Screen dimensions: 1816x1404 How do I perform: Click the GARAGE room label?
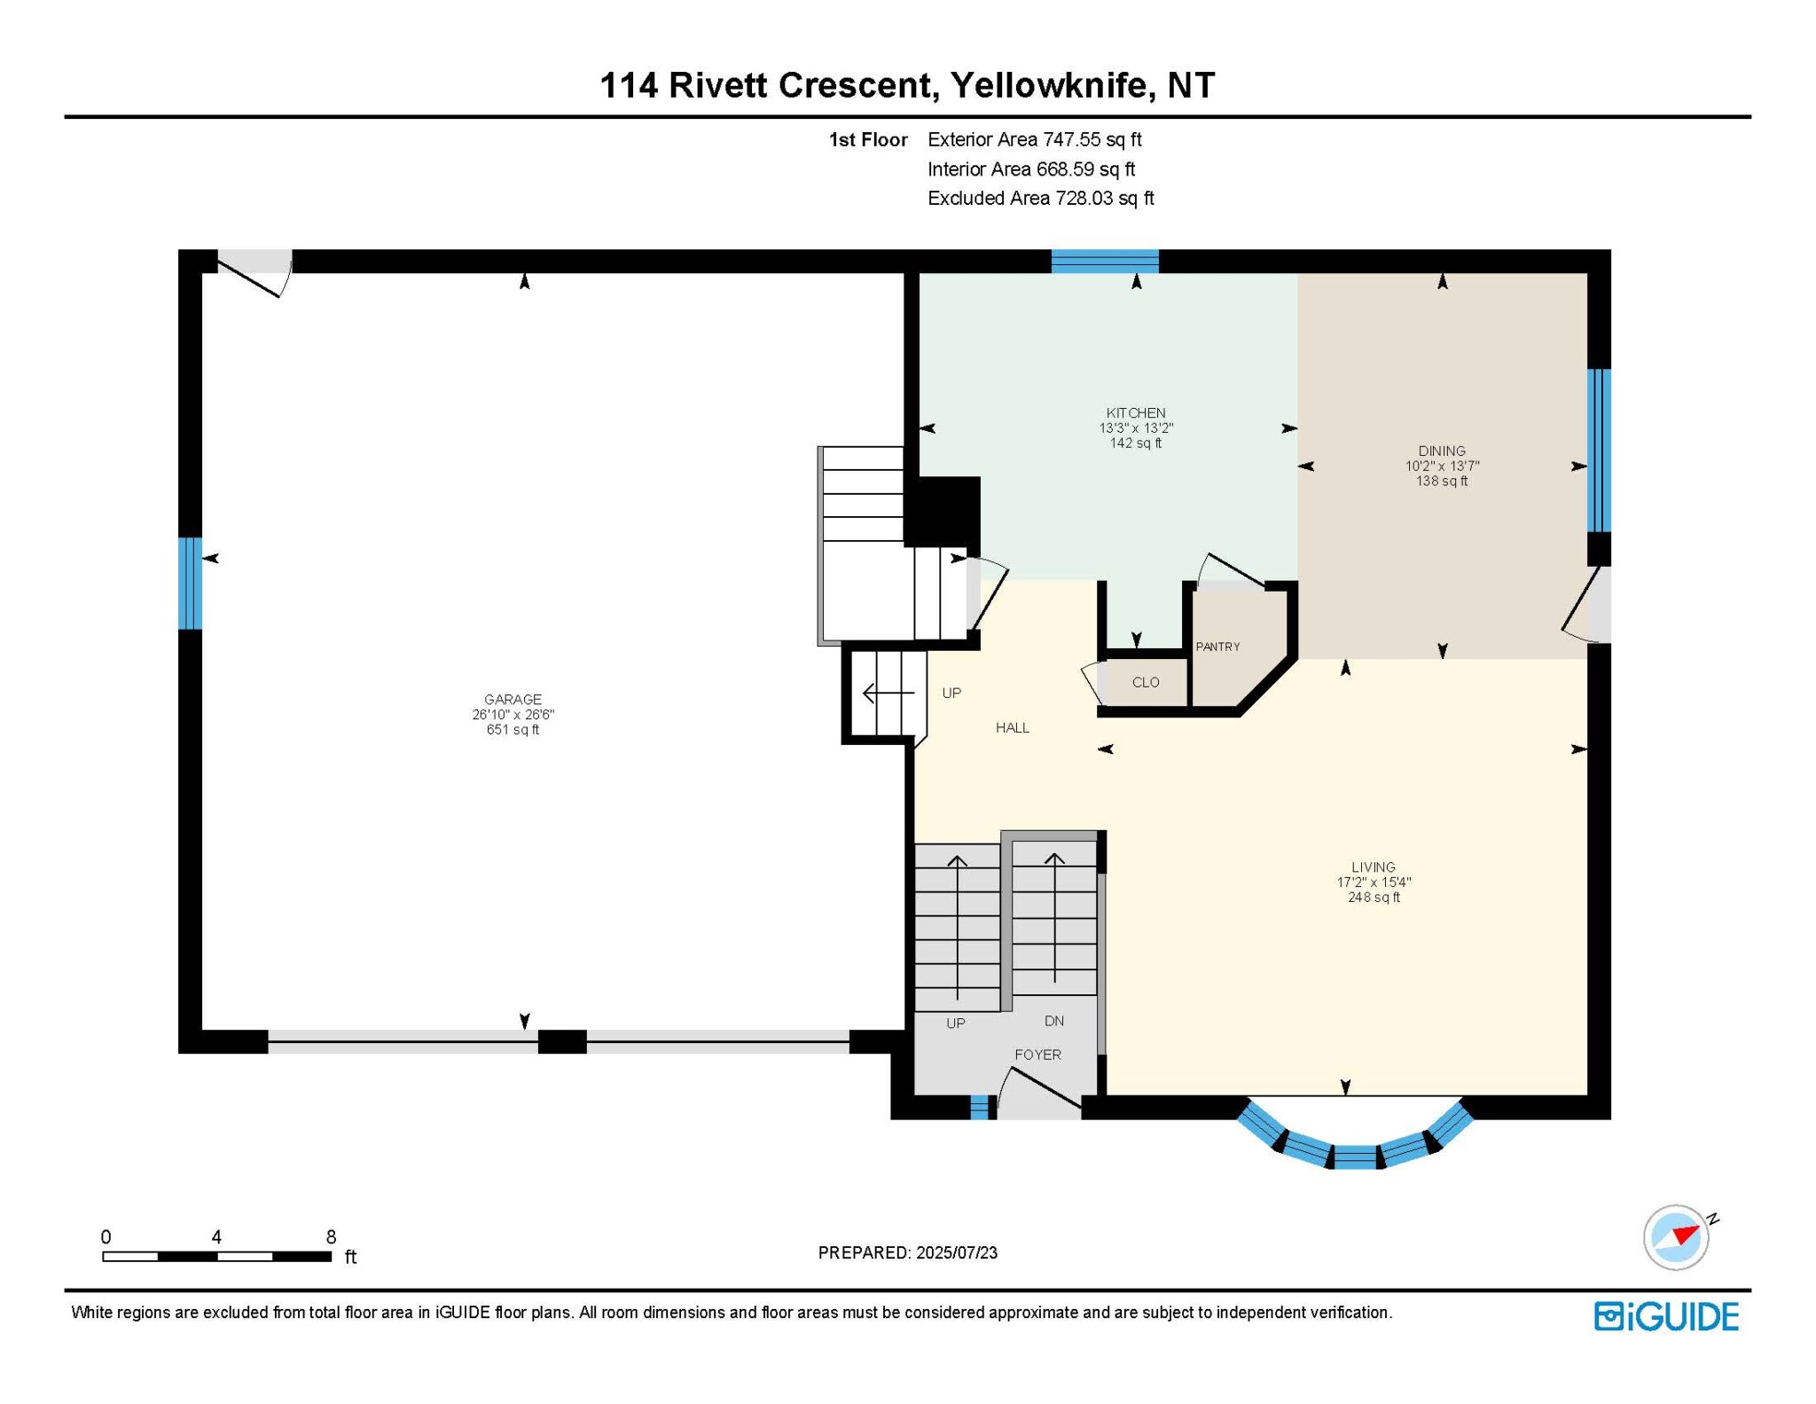coord(513,699)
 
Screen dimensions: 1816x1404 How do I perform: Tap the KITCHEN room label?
coord(1136,412)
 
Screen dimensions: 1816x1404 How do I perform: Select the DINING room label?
coord(1442,451)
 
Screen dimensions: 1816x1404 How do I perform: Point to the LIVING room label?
coord(1374,867)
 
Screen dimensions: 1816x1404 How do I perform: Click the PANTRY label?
coord(1217,647)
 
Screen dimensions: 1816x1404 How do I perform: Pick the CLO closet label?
coord(1146,682)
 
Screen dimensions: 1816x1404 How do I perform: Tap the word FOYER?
coord(1037,1055)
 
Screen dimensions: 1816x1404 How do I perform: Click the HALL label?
coord(1013,727)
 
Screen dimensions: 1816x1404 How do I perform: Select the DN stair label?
coord(1054,1021)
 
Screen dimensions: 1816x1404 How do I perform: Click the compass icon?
coord(1677,1237)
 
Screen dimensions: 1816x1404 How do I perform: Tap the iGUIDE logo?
coord(1666,1316)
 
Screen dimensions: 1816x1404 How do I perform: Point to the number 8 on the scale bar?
coord(331,1237)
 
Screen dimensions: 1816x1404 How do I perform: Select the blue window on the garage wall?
coord(190,583)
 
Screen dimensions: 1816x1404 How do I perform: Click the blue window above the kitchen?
coord(1105,261)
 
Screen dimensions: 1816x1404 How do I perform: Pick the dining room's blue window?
coord(1599,450)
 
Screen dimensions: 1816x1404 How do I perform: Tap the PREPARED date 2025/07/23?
coord(957,1252)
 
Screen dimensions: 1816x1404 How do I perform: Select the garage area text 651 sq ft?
coord(513,729)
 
